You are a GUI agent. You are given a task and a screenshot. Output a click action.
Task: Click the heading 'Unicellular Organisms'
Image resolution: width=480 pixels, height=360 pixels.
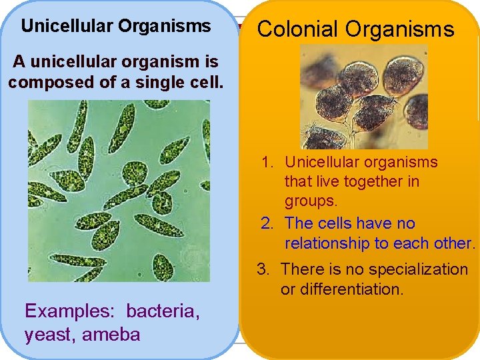point(116,27)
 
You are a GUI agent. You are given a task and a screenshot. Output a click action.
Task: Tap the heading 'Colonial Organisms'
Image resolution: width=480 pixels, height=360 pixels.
point(355,29)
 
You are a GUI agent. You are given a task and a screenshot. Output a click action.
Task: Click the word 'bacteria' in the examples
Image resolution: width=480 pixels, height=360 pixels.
point(162,311)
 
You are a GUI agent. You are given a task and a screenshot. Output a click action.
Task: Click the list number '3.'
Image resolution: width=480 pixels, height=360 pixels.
point(264,269)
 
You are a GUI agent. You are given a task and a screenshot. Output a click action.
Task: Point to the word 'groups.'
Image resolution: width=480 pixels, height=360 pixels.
point(311,201)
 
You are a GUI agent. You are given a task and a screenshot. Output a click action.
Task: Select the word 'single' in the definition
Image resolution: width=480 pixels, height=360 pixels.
point(147,83)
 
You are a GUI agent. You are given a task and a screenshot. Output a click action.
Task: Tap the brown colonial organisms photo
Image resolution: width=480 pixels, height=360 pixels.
point(363,97)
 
